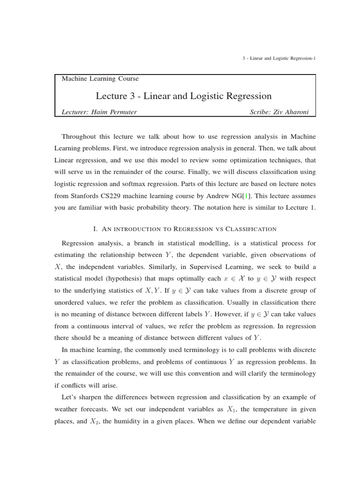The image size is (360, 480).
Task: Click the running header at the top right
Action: tap(279, 58)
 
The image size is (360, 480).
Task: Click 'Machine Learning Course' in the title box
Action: tap(100, 79)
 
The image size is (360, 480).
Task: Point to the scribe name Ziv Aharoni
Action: tap(295, 112)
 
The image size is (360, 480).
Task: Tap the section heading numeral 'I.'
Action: tap(96, 229)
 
